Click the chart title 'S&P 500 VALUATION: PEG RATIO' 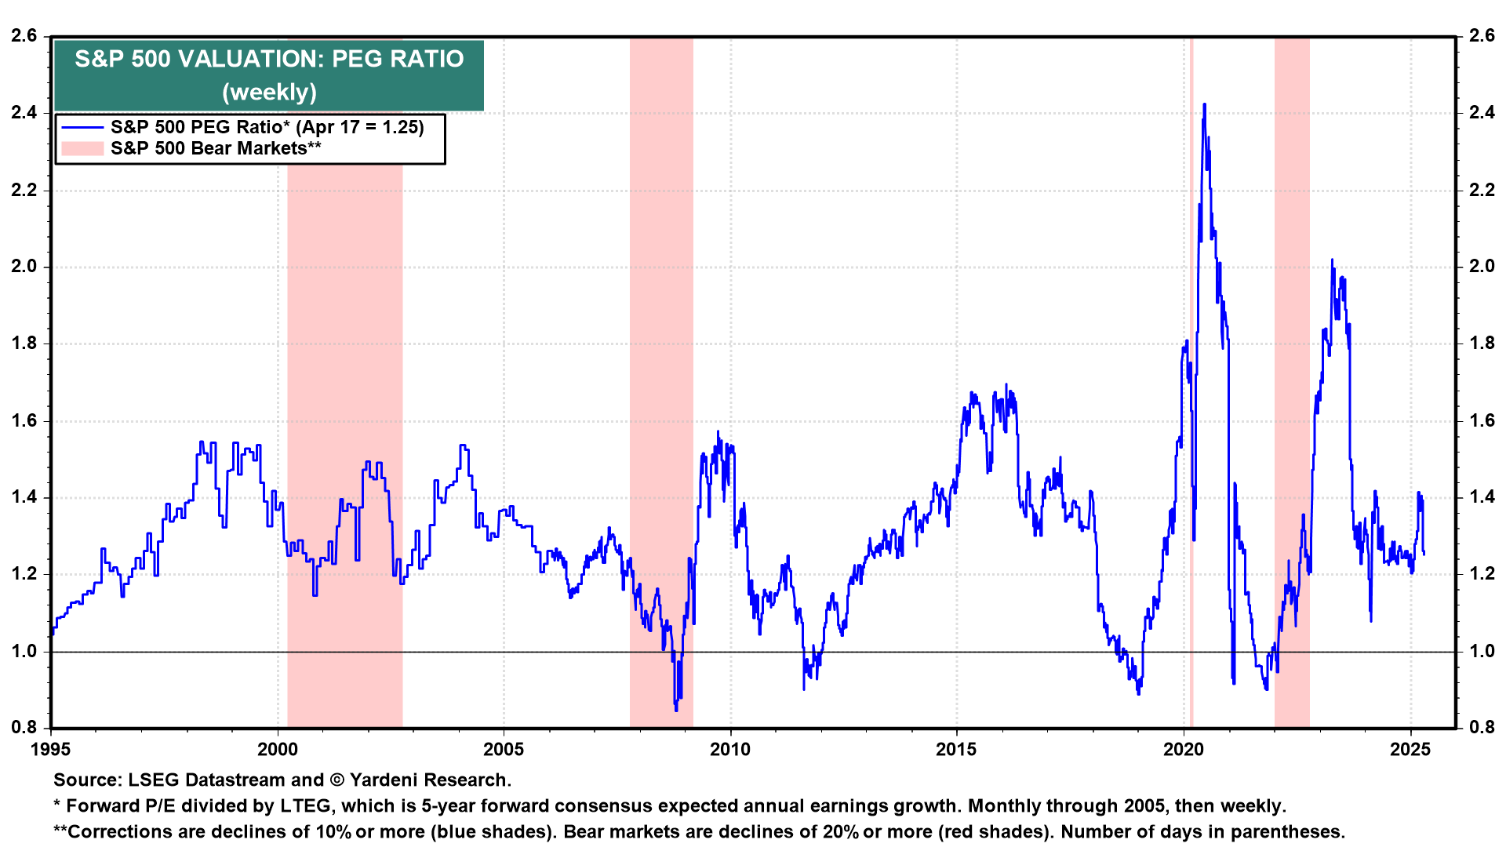269,59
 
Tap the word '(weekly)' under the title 269,92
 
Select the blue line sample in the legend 82,128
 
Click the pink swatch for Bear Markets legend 82,148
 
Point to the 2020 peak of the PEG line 1204,104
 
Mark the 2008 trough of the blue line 676,710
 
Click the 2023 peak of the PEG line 1331,260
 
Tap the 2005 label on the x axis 504,750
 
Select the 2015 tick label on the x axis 956,750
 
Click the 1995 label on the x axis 50,750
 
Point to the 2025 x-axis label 1410,750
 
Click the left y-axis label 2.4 24,113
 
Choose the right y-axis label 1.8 1482,344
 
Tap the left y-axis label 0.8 24,728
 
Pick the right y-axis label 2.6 1482,36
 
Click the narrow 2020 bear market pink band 1191,392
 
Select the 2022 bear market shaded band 1292,392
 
